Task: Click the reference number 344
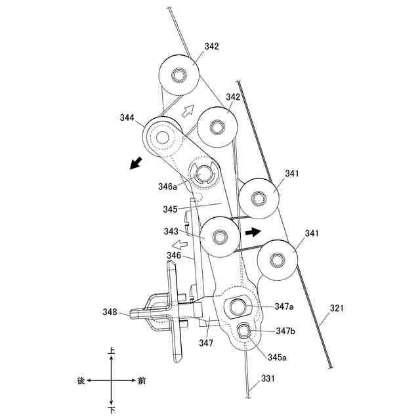(x=127, y=117)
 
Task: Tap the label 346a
(x=168, y=186)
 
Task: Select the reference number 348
(x=110, y=312)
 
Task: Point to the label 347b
(x=285, y=331)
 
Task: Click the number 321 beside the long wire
(x=337, y=308)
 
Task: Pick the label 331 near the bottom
(x=268, y=378)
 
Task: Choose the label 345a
(x=277, y=357)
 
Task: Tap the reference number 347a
(x=284, y=306)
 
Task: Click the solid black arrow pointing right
(x=253, y=232)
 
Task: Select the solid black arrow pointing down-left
(x=136, y=163)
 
